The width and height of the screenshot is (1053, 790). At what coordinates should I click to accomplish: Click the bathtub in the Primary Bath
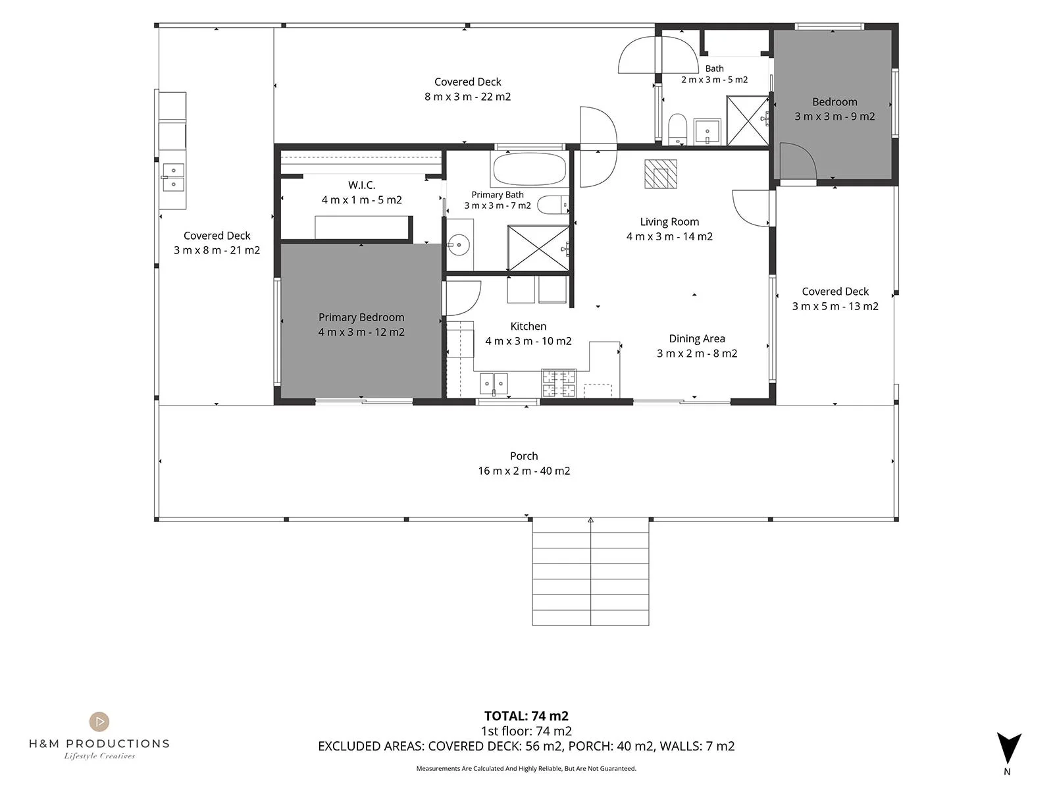tap(529, 169)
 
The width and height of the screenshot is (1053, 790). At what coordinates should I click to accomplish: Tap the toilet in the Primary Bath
tap(553, 205)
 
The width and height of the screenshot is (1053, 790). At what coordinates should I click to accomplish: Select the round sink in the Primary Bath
tap(458, 245)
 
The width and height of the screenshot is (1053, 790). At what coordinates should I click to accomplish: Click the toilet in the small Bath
tap(677, 128)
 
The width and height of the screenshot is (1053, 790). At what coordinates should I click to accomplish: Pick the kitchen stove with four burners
tap(558, 382)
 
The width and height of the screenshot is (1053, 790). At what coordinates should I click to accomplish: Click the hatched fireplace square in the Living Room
tap(660, 174)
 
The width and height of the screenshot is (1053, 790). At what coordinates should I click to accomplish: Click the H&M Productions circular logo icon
tap(99, 722)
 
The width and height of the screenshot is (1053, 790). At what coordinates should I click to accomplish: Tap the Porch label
tap(524, 456)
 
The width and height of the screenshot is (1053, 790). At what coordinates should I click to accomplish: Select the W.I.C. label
tap(362, 185)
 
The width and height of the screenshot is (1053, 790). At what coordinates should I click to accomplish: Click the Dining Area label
tap(696, 338)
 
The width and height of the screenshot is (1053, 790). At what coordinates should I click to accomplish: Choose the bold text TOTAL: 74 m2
tap(526, 716)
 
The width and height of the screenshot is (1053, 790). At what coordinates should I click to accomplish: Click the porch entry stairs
tap(590, 571)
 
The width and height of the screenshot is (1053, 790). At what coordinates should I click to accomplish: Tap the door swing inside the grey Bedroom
tap(798, 161)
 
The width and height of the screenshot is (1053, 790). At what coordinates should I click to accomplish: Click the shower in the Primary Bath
tap(538, 248)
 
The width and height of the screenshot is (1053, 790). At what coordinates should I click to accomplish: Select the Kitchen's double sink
tap(494, 384)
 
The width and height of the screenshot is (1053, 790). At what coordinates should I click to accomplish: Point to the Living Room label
tap(669, 222)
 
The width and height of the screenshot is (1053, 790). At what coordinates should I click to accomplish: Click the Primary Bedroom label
tap(361, 317)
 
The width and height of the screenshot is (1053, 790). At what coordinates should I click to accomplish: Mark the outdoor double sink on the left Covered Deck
tap(173, 177)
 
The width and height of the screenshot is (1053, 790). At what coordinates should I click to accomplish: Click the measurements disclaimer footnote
tap(526, 768)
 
